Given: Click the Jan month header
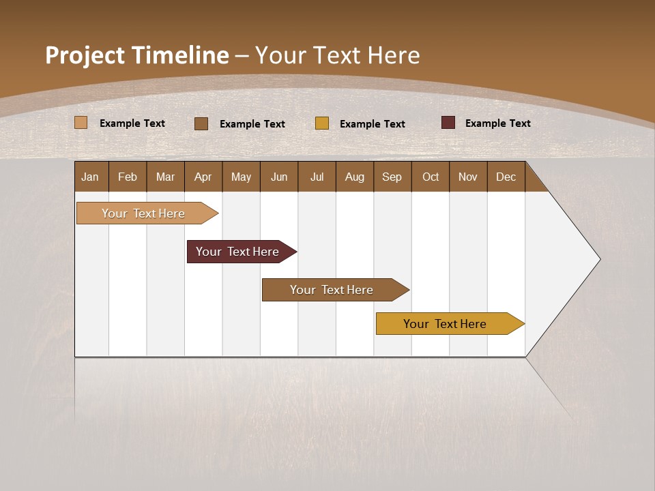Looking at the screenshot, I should click(91, 177).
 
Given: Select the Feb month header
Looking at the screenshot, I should click(128, 177).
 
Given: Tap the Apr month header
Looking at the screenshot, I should click(203, 177).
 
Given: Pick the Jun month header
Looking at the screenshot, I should click(279, 177).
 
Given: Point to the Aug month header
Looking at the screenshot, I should click(354, 177).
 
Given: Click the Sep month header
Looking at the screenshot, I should click(392, 177).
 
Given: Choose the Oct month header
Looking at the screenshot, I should click(431, 177).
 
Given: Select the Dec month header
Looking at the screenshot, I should click(506, 177).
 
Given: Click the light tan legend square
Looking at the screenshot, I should click(81, 123).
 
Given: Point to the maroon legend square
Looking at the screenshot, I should click(448, 123).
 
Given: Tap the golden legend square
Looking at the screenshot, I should click(322, 123).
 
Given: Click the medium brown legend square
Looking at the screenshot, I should click(201, 123).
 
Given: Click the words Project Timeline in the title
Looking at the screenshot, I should click(136, 55).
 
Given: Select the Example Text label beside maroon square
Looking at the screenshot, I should click(497, 123).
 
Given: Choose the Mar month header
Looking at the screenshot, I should click(165, 177).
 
